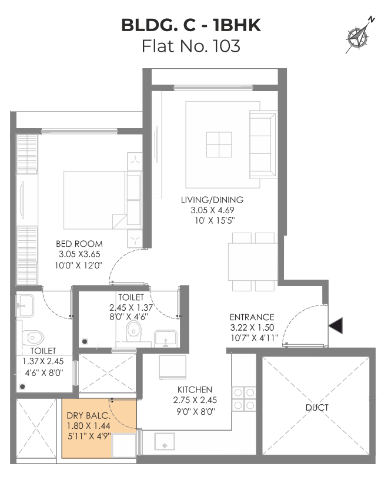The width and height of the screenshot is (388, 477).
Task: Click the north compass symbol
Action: pos(360,36)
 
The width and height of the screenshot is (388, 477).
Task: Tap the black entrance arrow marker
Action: pos(336,325)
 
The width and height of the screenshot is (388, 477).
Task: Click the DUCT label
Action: pos(317,407)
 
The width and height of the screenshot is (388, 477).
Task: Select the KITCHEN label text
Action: pos(195,389)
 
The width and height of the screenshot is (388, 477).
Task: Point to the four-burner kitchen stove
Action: pos(244,399)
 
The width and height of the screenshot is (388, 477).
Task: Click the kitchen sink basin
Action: pos(165,441)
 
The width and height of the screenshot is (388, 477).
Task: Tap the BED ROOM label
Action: pos(79,244)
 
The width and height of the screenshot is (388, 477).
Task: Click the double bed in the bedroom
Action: pos(95,200)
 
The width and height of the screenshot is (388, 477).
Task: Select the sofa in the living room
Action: pos(263,145)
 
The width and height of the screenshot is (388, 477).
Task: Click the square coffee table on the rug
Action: pos(219,145)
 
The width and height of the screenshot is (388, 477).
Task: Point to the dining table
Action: pos(253,261)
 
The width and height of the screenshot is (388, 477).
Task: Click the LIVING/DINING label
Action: pos(212,200)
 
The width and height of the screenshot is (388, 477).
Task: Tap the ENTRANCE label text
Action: pos(252,317)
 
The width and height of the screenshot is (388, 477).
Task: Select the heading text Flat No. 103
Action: pos(191,46)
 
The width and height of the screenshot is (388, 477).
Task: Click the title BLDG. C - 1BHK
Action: pos(191,25)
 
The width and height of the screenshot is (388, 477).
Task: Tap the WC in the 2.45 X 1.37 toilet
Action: pos(133,330)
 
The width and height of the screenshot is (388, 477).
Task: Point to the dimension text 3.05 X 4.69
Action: pos(212,210)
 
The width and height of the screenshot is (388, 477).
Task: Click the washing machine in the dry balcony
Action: pos(124,445)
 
